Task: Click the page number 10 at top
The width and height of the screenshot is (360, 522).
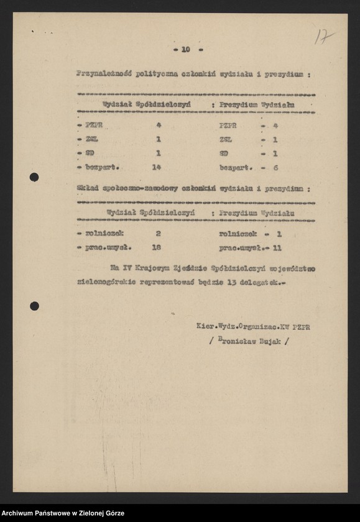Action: (185, 49)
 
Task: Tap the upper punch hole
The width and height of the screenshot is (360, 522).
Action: (34, 177)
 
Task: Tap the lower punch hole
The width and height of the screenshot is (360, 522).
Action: (34, 306)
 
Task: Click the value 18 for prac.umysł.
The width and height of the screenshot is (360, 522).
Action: (157, 247)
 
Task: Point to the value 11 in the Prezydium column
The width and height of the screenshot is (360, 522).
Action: (278, 247)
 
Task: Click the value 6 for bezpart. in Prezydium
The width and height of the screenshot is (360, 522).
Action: (275, 167)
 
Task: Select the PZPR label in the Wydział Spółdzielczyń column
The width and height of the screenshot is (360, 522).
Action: (95, 125)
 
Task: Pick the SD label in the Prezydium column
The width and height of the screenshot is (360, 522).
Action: (224, 153)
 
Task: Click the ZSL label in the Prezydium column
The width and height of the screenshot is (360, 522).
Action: (226, 139)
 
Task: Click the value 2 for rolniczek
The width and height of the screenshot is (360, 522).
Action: (159, 234)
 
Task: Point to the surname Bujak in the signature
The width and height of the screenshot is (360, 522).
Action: (272, 341)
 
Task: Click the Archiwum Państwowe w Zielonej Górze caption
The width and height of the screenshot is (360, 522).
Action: (63, 513)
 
